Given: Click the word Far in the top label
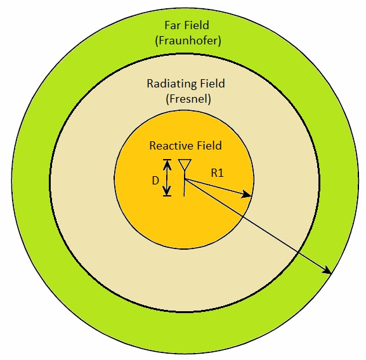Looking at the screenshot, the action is (x=173, y=25).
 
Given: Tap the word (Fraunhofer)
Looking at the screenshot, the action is (x=188, y=41).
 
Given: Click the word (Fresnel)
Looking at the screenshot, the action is (x=188, y=99).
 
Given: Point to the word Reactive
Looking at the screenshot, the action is (x=171, y=146).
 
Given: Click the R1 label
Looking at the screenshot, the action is (x=218, y=173).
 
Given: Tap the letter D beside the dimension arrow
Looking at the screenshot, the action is (x=155, y=181).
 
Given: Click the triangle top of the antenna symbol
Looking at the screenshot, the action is (x=185, y=165).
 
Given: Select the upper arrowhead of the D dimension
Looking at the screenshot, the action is (x=167, y=165).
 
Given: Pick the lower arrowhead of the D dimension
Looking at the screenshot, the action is (x=167, y=191).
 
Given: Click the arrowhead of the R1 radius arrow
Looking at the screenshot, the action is (x=246, y=195).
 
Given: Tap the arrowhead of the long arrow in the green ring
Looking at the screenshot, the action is (x=327, y=270).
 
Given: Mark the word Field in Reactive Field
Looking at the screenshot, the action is (x=209, y=146).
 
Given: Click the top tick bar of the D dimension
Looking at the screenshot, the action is (x=167, y=160).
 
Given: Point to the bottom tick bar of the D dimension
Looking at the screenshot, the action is (x=167, y=196).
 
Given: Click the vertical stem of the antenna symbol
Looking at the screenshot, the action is (x=185, y=184).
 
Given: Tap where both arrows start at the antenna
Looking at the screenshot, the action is (x=185, y=179).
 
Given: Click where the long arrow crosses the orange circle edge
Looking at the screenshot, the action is (x=243, y=217).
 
